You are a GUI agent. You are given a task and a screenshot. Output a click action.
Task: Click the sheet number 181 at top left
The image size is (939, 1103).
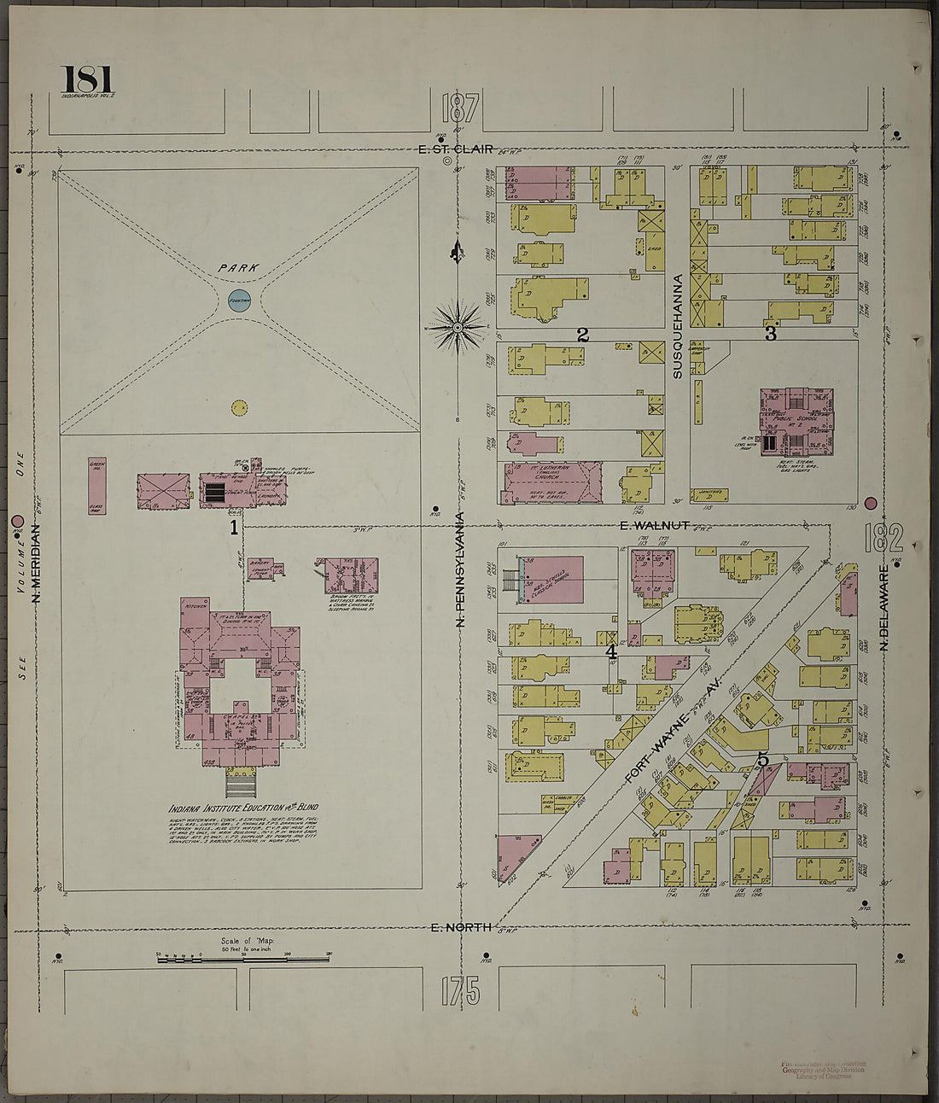click(x=87, y=80)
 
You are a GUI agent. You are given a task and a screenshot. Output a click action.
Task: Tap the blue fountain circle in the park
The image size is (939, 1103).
click(x=239, y=300)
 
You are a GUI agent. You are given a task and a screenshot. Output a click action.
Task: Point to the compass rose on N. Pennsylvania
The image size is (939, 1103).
click(x=458, y=327)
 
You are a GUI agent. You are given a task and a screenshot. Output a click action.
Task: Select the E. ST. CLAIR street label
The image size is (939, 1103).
click(x=456, y=149)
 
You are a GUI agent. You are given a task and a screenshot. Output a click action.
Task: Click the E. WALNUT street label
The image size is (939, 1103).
click(x=655, y=525)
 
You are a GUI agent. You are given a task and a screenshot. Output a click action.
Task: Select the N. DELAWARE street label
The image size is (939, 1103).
click(x=884, y=610)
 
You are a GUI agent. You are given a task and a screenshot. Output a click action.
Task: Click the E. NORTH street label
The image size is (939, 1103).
click(x=460, y=929)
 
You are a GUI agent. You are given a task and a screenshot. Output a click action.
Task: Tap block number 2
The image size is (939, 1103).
click(x=582, y=335)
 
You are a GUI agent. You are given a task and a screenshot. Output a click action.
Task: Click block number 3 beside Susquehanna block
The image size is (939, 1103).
click(x=770, y=334)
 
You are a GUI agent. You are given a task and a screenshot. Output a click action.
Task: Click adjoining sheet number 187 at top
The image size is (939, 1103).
click(x=459, y=109)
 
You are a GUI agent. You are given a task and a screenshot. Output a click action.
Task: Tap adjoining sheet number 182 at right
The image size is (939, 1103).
click(x=883, y=539)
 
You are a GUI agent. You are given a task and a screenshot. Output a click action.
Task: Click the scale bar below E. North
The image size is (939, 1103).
click(x=242, y=960)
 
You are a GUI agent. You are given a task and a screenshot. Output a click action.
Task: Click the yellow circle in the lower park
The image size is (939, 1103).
click(x=239, y=407)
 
